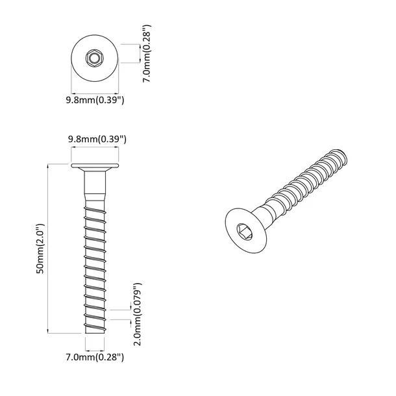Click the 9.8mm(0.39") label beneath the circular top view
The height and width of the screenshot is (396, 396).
[95, 101]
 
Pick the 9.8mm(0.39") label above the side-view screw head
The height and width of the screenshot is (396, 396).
[96, 140]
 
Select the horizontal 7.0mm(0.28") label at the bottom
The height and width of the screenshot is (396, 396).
[95, 356]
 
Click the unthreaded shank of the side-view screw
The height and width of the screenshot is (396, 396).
[95, 188]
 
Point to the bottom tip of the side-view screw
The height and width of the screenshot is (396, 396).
[95, 330]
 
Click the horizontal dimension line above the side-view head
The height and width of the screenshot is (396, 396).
[95, 149]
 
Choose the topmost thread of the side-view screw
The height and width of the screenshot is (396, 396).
[95, 206]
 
